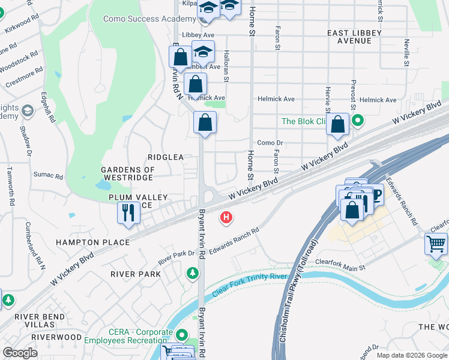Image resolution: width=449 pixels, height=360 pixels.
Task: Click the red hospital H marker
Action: point(226,217)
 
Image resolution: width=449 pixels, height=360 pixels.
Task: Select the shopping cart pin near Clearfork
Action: point(436,244)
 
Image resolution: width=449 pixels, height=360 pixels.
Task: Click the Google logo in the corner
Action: point(20,353)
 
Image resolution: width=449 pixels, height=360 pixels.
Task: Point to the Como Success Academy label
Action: point(149,19)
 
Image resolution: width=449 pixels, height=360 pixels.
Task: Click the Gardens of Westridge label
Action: point(128,174)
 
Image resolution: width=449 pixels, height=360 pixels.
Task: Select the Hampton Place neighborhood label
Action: point(92,242)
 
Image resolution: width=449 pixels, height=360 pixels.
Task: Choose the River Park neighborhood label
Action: point(136,274)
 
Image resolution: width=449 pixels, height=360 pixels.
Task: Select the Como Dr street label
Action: point(270,143)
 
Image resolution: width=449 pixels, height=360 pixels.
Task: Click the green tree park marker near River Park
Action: point(193,274)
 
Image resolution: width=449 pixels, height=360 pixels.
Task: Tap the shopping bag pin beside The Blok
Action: point(338,125)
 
